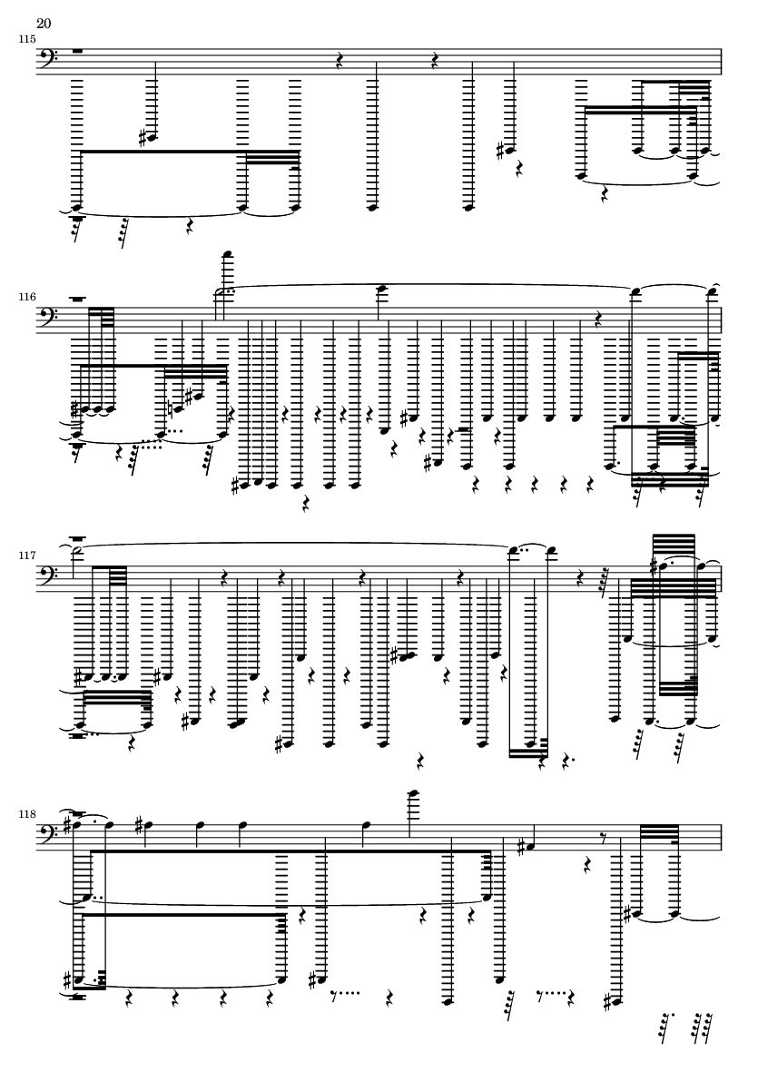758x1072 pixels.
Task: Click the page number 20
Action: [44, 24]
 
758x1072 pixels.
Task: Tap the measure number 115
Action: [27, 39]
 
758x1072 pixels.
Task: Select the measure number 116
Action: [27, 298]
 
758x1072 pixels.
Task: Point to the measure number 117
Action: [27, 556]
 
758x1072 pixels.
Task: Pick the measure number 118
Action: [27, 814]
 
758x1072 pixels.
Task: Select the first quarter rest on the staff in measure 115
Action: [339, 62]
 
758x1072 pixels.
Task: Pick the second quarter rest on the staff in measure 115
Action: [435, 62]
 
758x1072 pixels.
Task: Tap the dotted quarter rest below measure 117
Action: [566, 760]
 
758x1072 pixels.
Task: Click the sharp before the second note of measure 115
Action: [143, 138]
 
